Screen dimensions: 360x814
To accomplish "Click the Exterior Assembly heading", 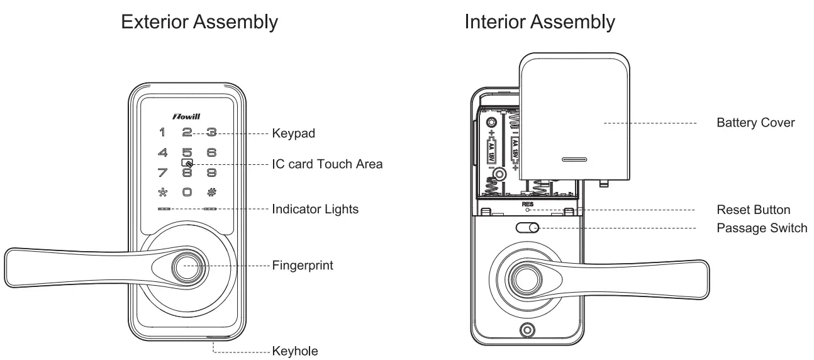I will click(x=199, y=22).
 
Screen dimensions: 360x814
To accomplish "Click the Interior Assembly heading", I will click(x=540, y=22).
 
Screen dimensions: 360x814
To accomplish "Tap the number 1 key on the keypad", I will click(x=162, y=133).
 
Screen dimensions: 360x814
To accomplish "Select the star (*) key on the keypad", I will click(x=162, y=193).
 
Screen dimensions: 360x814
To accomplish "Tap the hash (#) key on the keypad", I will click(x=212, y=193).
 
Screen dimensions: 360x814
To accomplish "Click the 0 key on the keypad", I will click(x=187, y=193).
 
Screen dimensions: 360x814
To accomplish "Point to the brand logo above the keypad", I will click(x=187, y=116).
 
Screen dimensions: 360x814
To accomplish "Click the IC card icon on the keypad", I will click(x=187, y=162).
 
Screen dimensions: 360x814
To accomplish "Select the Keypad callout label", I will click(x=293, y=133).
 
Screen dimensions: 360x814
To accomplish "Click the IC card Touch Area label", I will click(x=327, y=164).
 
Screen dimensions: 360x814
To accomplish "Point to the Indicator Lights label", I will click(x=315, y=209).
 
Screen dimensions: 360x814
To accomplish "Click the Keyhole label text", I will click(x=295, y=351).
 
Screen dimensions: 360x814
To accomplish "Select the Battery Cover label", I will click(x=755, y=123).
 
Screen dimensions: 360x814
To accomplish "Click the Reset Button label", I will click(x=753, y=210).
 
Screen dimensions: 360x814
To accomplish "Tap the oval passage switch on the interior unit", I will click(x=527, y=228).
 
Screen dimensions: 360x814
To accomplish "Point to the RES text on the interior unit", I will click(x=527, y=205).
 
